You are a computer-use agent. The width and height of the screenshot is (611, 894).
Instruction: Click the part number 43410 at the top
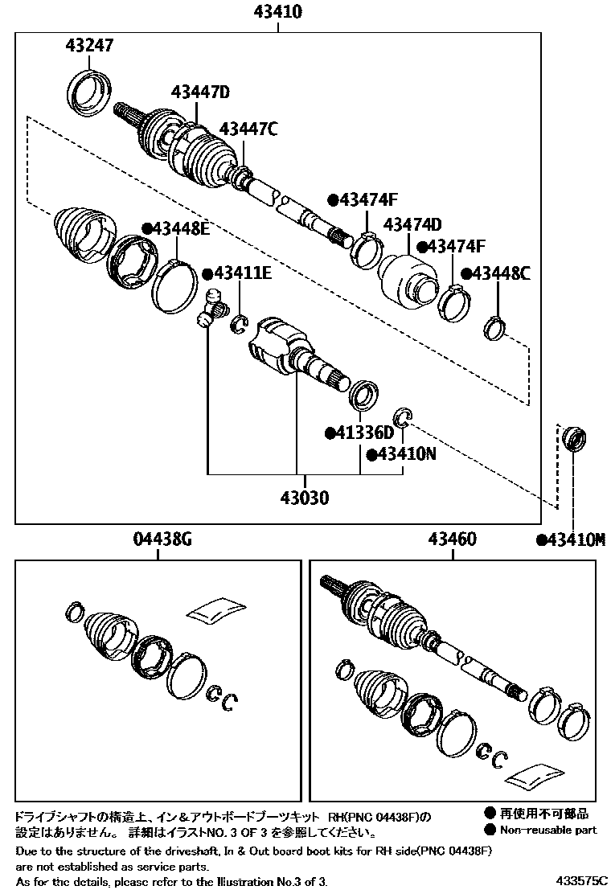pyautogui.click(x=277, y=11)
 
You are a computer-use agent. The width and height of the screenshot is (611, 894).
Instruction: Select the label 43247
pyautogui.click(x=89, y=46)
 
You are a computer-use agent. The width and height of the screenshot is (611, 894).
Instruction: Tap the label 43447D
pyautogui.click(x=200, y=92)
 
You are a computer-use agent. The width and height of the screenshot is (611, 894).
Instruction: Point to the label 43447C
pyautogui.click(x=248, y=128)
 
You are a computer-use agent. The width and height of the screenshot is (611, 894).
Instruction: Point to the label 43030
pyautogui.click(x=304, y=498)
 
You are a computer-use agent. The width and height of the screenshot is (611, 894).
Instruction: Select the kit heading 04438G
pyautogui.click(x=162, y=540)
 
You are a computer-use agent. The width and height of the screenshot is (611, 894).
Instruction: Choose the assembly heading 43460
pyautogui.click(x=452, y=540)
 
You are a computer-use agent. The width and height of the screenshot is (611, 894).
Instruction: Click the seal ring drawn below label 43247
pyautogui.click(x=89, y=90)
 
